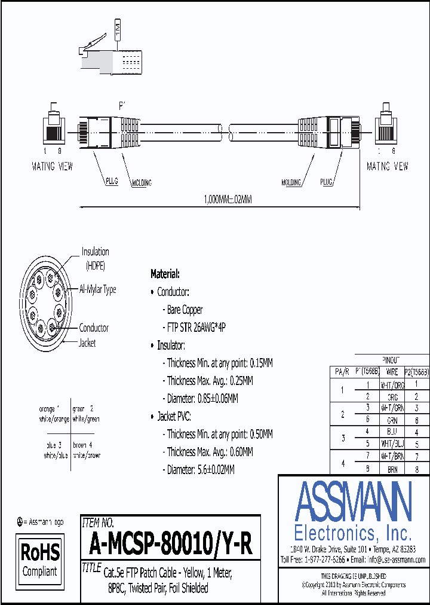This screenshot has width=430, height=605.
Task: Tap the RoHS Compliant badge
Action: tap(40, 558)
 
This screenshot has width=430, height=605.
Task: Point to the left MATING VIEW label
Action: tap(52, 167)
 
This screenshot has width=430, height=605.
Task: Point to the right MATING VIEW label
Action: tap(387, 167)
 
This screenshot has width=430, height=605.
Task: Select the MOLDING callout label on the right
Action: tap(291, 182)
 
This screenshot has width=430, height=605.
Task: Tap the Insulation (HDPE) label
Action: tap(95, 258)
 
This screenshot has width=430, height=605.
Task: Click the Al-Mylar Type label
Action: tap(97, 289)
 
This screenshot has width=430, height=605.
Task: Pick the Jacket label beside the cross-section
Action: tap(87, 343)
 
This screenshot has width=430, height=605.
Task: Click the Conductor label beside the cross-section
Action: tap(94, 328)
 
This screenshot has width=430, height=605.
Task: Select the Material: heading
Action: tap(165, 274)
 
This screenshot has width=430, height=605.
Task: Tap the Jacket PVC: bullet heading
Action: tap(174, 416)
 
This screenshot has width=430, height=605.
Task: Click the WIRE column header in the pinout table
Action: tap(392, 372)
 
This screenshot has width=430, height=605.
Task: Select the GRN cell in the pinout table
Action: tap(392, 420)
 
